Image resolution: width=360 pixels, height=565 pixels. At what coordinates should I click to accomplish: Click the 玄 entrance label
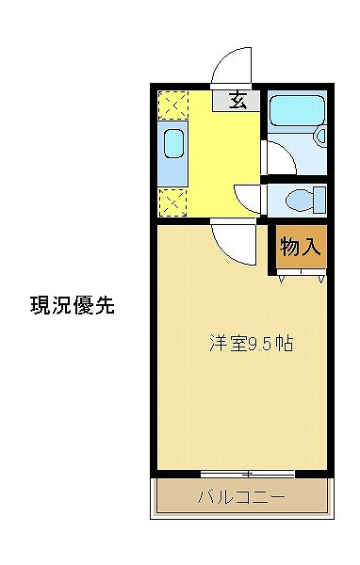tap(238, 101)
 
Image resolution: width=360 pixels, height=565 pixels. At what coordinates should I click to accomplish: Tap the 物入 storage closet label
tap(301, 247)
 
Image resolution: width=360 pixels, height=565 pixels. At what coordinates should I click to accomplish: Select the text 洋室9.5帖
tap(251, 344)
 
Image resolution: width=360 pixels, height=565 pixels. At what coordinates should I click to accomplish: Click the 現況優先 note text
tap(73, 305)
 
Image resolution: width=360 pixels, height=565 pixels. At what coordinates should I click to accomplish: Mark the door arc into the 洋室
tap(231, 240)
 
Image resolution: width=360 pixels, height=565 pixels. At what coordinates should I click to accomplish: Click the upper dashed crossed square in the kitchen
tap(172, 103)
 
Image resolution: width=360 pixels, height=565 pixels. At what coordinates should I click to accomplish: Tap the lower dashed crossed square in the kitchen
tap(172, 201)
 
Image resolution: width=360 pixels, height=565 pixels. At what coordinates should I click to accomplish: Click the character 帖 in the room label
tap(284, 344)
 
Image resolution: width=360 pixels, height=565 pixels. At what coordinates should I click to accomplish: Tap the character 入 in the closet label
tap(313, 247)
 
